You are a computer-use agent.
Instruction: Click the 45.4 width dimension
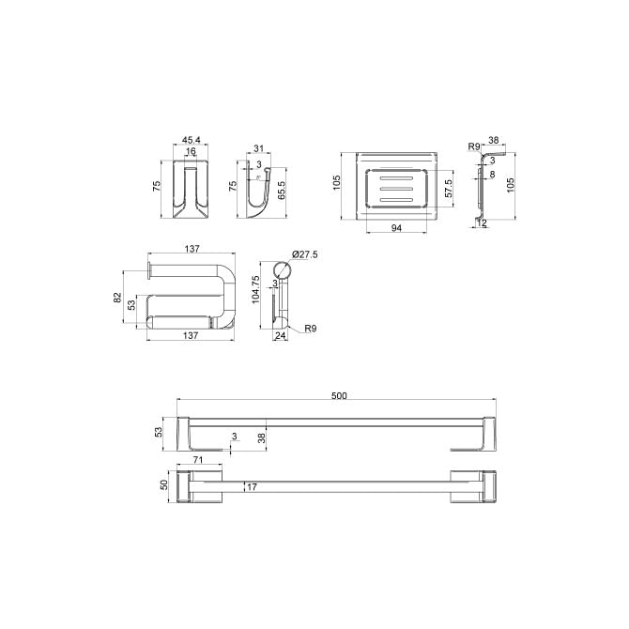(x=191, y=140)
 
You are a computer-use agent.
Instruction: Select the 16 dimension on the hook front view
(x=191, y=151)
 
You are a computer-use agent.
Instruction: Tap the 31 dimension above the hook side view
(x=259, y=148)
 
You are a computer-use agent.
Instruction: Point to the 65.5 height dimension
(x=282, y=191)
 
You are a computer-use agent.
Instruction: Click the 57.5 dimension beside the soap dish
(x=449, y=188)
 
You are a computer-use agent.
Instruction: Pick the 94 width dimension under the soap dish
(x=396, y=228)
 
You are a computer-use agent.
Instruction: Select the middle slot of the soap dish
(x=396, y=188)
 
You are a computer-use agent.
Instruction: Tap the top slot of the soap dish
(x=396, y=177)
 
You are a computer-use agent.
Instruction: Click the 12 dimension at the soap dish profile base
(x=482, y=222)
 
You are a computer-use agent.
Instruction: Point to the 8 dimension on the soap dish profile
(x=492, y=174)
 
